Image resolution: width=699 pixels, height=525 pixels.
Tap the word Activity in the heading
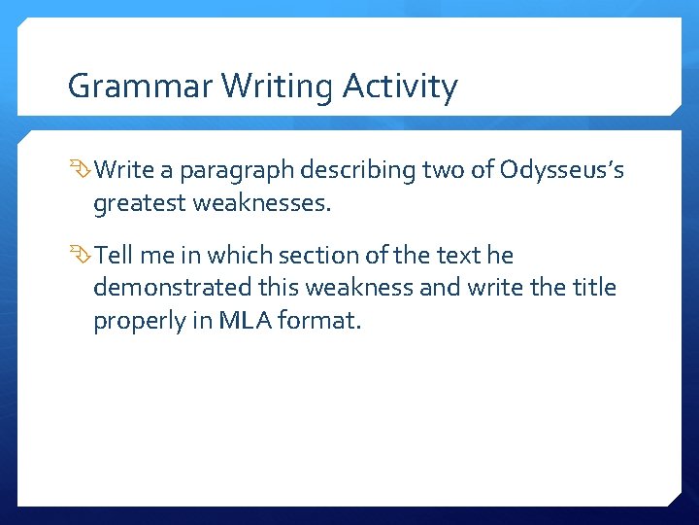(x=400, y=87)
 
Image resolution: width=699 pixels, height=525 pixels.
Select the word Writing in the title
(x=282, y=87)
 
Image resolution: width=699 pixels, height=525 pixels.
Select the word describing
(x=357, y=172)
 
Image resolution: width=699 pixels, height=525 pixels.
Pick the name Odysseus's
(x=563, y=172)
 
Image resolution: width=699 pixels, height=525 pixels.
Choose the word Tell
(x=114, y=255)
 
